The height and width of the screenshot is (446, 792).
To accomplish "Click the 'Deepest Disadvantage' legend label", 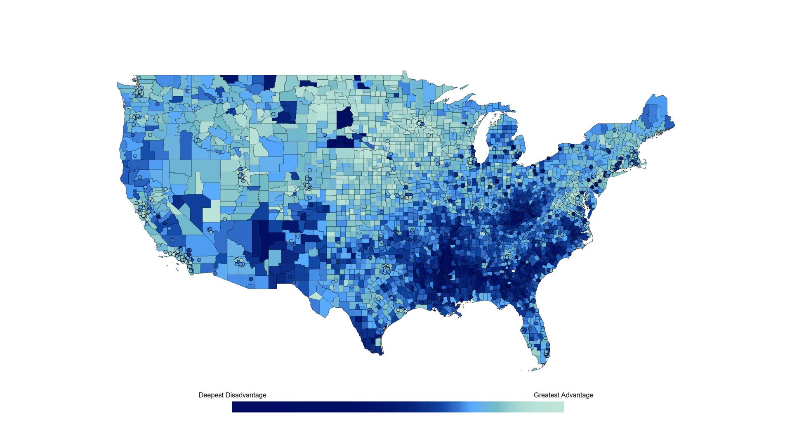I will (x=232, y=395).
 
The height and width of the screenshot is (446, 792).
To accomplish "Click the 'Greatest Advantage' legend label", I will (x=563, y=395).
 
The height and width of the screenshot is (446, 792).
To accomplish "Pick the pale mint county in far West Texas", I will (x=316, y=296).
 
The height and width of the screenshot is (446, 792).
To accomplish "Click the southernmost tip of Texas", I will (x=380, y=353).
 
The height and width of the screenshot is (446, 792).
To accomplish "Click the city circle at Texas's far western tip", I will (x=294, y=283).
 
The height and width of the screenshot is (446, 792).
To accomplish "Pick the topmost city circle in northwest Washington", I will (x=139, y=78).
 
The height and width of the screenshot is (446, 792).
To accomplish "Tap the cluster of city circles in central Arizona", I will (x=239, y=262).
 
